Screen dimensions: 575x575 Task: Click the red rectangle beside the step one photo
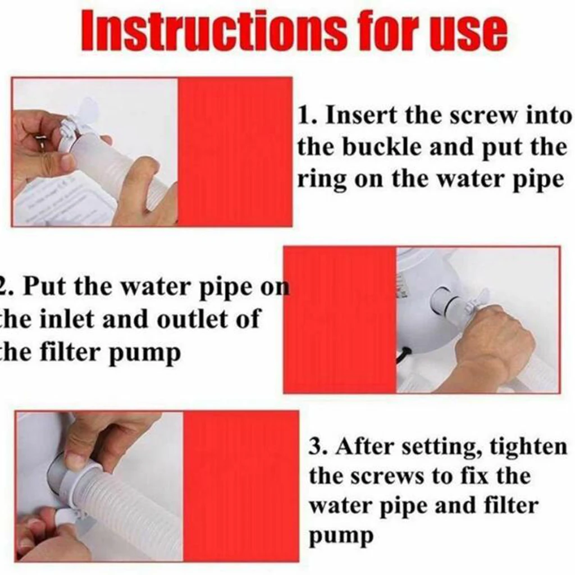tap(235, 152)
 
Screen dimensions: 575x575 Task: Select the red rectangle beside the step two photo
tap(340, 320)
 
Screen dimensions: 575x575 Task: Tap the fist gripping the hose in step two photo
tap(494, 343)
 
